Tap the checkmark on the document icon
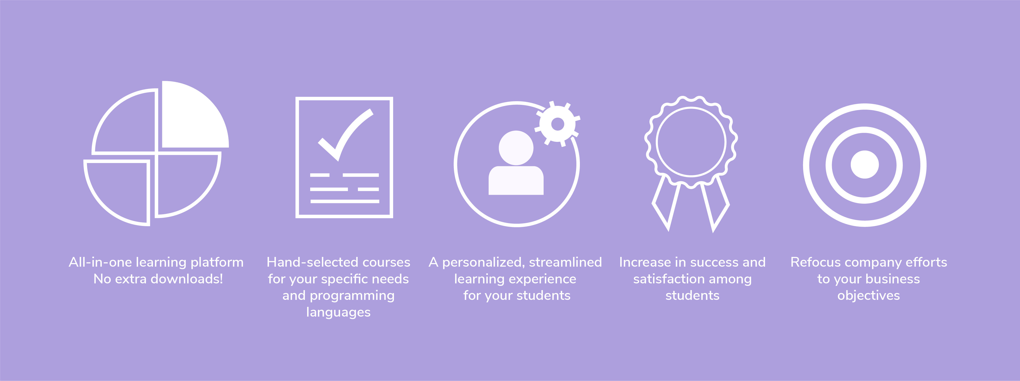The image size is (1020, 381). click(345, 135)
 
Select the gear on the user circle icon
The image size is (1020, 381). click(558, 124)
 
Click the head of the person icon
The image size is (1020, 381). click(516, 148)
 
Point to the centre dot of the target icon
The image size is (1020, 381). click(865, 165)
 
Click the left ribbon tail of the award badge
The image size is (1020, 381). click(666, 204)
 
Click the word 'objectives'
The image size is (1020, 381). click(869, 296)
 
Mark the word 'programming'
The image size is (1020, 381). click(352, 296)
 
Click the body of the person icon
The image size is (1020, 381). click(516, 181)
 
